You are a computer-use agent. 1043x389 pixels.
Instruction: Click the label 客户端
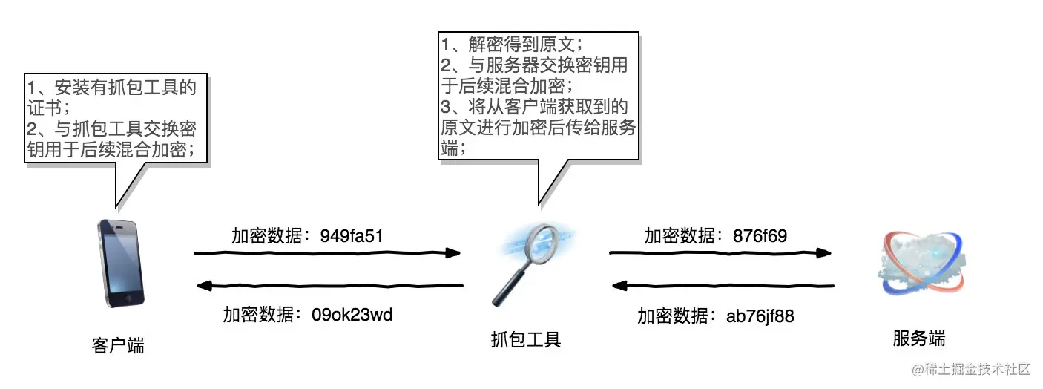118,345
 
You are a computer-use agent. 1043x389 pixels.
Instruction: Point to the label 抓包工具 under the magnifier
526,340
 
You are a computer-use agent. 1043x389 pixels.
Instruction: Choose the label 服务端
918,339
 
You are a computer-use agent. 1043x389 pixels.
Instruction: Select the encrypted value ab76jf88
760,316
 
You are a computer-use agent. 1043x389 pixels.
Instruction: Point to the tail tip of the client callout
116,206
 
